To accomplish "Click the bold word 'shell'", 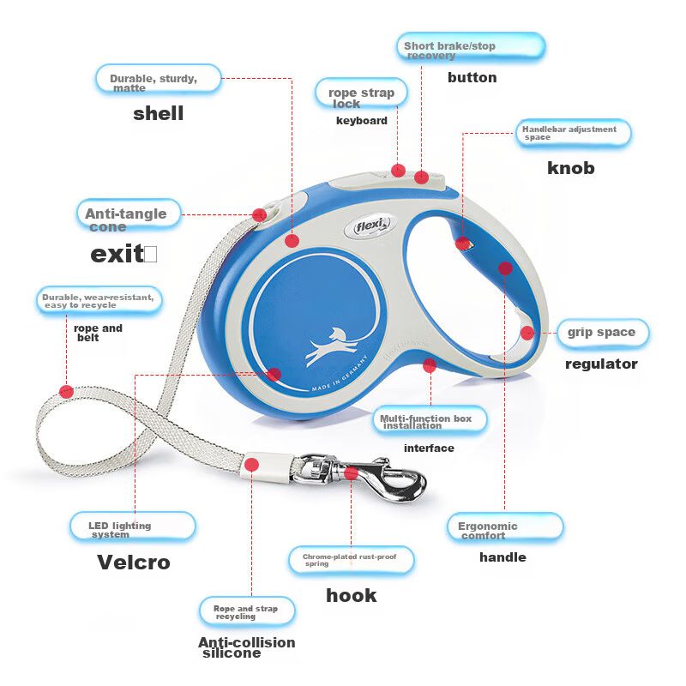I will [x=158, y=113].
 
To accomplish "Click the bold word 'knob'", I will [x=570, y=167].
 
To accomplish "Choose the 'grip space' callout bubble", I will [x=602, y=332].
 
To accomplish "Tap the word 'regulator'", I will [x=601, y=364].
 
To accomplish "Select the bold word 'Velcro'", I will [x=133, y=563].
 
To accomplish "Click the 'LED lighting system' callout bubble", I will [x=131, y=527].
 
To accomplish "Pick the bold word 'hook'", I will [x=352, y=595].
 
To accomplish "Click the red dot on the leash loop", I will [x=66, y=391].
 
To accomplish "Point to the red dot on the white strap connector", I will [x=252, y=465].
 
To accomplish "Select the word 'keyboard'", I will [x=361, y=121].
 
